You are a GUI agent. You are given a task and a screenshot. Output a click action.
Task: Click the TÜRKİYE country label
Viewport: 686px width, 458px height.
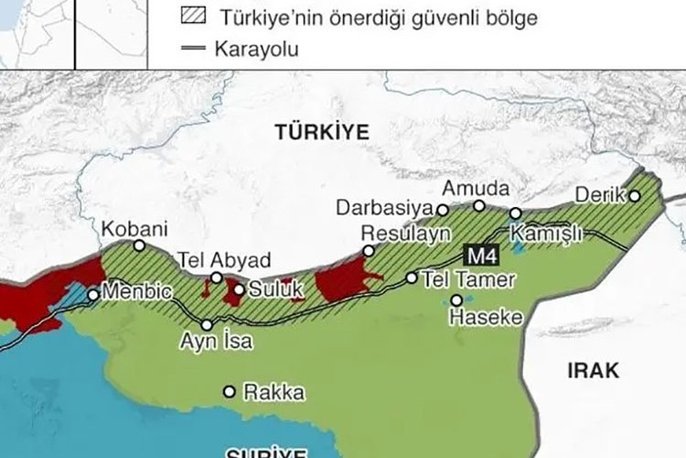[x=322, y=133]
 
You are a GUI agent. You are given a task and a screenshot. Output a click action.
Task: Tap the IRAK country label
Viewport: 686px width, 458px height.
[x=593, y=370]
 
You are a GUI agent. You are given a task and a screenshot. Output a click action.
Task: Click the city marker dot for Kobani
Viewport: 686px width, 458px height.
[x=139, y=245]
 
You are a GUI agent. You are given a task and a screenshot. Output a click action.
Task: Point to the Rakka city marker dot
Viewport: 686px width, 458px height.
[x=229, y=392]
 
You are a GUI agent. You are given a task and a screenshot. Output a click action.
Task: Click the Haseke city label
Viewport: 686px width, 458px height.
[x=486, y=318]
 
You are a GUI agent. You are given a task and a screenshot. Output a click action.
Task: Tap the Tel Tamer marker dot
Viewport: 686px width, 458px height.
[x=412, y=278]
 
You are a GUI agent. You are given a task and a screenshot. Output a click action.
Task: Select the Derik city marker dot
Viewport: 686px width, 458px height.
[x=634, y=195]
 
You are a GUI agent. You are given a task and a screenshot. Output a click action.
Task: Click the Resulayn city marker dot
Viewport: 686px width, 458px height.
[x=368, y=250]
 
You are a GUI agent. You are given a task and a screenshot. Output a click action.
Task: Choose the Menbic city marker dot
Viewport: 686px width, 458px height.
[x=92, y=295]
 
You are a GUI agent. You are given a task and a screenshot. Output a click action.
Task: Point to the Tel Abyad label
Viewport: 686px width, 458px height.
[x=210, y=259]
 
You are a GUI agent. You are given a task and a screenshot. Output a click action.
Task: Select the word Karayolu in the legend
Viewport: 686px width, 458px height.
[x=259, y=48]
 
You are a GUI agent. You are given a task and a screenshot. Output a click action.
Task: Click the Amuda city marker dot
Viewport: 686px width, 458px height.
[x=479, y=205]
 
